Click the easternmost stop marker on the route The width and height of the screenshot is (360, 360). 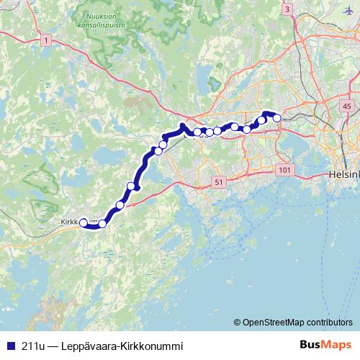coord(276,118)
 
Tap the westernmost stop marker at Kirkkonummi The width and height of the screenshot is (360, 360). coord(84,222)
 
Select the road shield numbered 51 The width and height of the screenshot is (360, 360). coord(217,183)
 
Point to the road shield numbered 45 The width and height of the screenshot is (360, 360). coord(347,107)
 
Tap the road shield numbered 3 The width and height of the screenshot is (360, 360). coord(287,9)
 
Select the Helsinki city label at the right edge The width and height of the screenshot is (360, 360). coord(343,174)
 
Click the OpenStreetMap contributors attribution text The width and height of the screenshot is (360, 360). coord(297,323)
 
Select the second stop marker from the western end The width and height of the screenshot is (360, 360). coord(102,224)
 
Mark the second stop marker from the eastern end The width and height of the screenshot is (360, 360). coord(261,120)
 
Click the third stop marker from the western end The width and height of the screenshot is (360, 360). coord(120,205)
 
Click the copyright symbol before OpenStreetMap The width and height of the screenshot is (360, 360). coord(238,323)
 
